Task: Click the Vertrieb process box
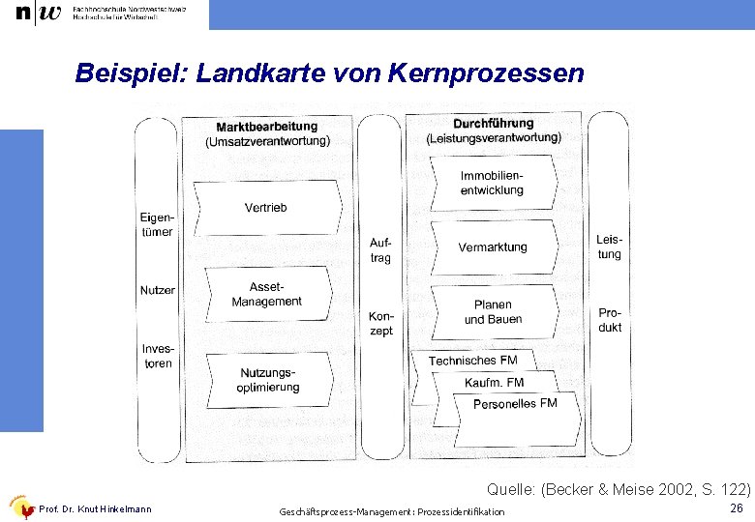tap(266, 208)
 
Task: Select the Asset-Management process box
tap(266, 295)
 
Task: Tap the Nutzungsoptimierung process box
tap(267, 380)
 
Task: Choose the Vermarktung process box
tap(493, 247)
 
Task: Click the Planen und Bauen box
tap(493, 312)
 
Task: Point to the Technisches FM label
tap(473, 361)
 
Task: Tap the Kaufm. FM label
tap(494, 383)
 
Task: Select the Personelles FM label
tap(515, 404)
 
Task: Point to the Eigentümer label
tap(157, 225)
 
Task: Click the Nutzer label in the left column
tap(158, 290)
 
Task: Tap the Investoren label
tap(158, 356)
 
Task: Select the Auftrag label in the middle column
tap(380, 250)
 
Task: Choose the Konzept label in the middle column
tap(381, 324)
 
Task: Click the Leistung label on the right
tap(609, 246)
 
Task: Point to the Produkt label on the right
tap(610, 320)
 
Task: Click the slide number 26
tap(736, 507)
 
